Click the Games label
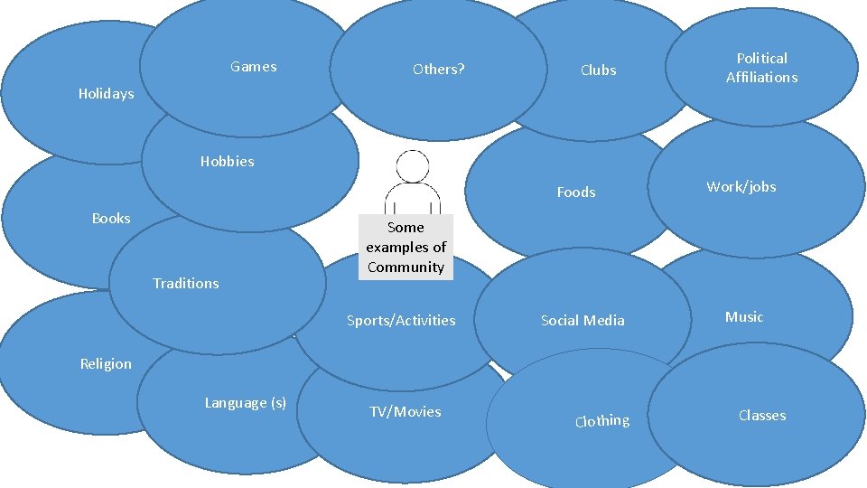point(254,66)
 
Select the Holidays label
point(106,93)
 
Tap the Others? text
point(438,69)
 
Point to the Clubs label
point(598,70)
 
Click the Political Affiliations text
point(761,68)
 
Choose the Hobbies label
point(227,162)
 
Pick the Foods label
point(576,192)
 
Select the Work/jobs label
point(741,187)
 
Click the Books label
point(111,218)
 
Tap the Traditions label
point(185,283)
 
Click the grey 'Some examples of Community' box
point(406,247)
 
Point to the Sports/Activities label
point(401,320)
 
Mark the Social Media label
point(583,320)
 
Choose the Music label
point(744,316)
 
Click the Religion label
point(106,363)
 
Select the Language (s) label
point(245,402)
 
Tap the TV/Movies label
point(406,411)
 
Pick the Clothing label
point(602,420)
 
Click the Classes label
point(762,415)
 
